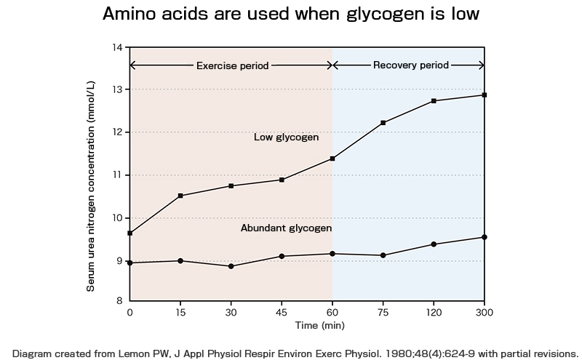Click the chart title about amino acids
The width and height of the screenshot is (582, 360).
[x=291, y=14]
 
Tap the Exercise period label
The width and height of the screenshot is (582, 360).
[x=232, y=65]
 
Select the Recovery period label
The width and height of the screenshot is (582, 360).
[x=410, y=65]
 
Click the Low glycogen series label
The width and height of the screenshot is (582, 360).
[x=286, y=137]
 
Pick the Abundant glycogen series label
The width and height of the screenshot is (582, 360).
[x=286, y=228]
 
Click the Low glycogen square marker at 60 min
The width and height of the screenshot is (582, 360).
[x=332, y=159]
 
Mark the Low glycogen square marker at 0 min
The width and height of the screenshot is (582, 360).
[x=129, y=233]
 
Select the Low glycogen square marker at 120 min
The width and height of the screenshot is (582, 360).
[x=434, y=101]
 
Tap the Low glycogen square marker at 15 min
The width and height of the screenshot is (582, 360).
[x=180, y=196]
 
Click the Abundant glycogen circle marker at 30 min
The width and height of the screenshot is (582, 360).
[x=231, y=266]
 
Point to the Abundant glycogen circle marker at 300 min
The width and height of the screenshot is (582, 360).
[x=485, y=237]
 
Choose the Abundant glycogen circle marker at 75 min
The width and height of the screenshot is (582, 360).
[x=383, y=255]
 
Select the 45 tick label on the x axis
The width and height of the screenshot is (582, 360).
[x=282, y=312]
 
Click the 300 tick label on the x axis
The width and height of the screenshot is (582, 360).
[x=485, y=312]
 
